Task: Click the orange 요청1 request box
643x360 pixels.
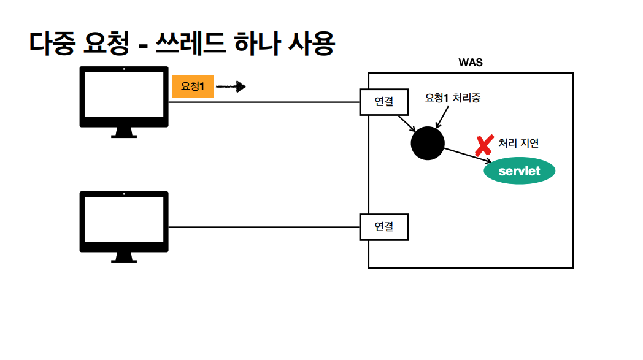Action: click(193, 87)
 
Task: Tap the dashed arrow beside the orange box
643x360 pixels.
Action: click(231, 87)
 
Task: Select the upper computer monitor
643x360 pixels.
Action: click(124, 98)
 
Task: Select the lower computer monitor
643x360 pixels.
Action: click(124, 222)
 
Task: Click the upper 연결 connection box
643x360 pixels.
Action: click(383, 102)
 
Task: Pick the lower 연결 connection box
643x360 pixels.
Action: click(383, 227)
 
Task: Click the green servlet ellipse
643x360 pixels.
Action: click(520, 171)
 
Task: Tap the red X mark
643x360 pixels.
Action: click(484, 145)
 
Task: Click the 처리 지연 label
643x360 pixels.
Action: click(518, 143)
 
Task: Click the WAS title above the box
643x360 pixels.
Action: click(471, 63)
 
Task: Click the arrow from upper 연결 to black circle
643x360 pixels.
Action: click(406, 123)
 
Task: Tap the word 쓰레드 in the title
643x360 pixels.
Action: click(189, 44)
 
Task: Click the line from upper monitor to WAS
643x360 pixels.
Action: click(264, 102)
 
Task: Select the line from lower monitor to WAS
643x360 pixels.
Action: click(264, 227)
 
